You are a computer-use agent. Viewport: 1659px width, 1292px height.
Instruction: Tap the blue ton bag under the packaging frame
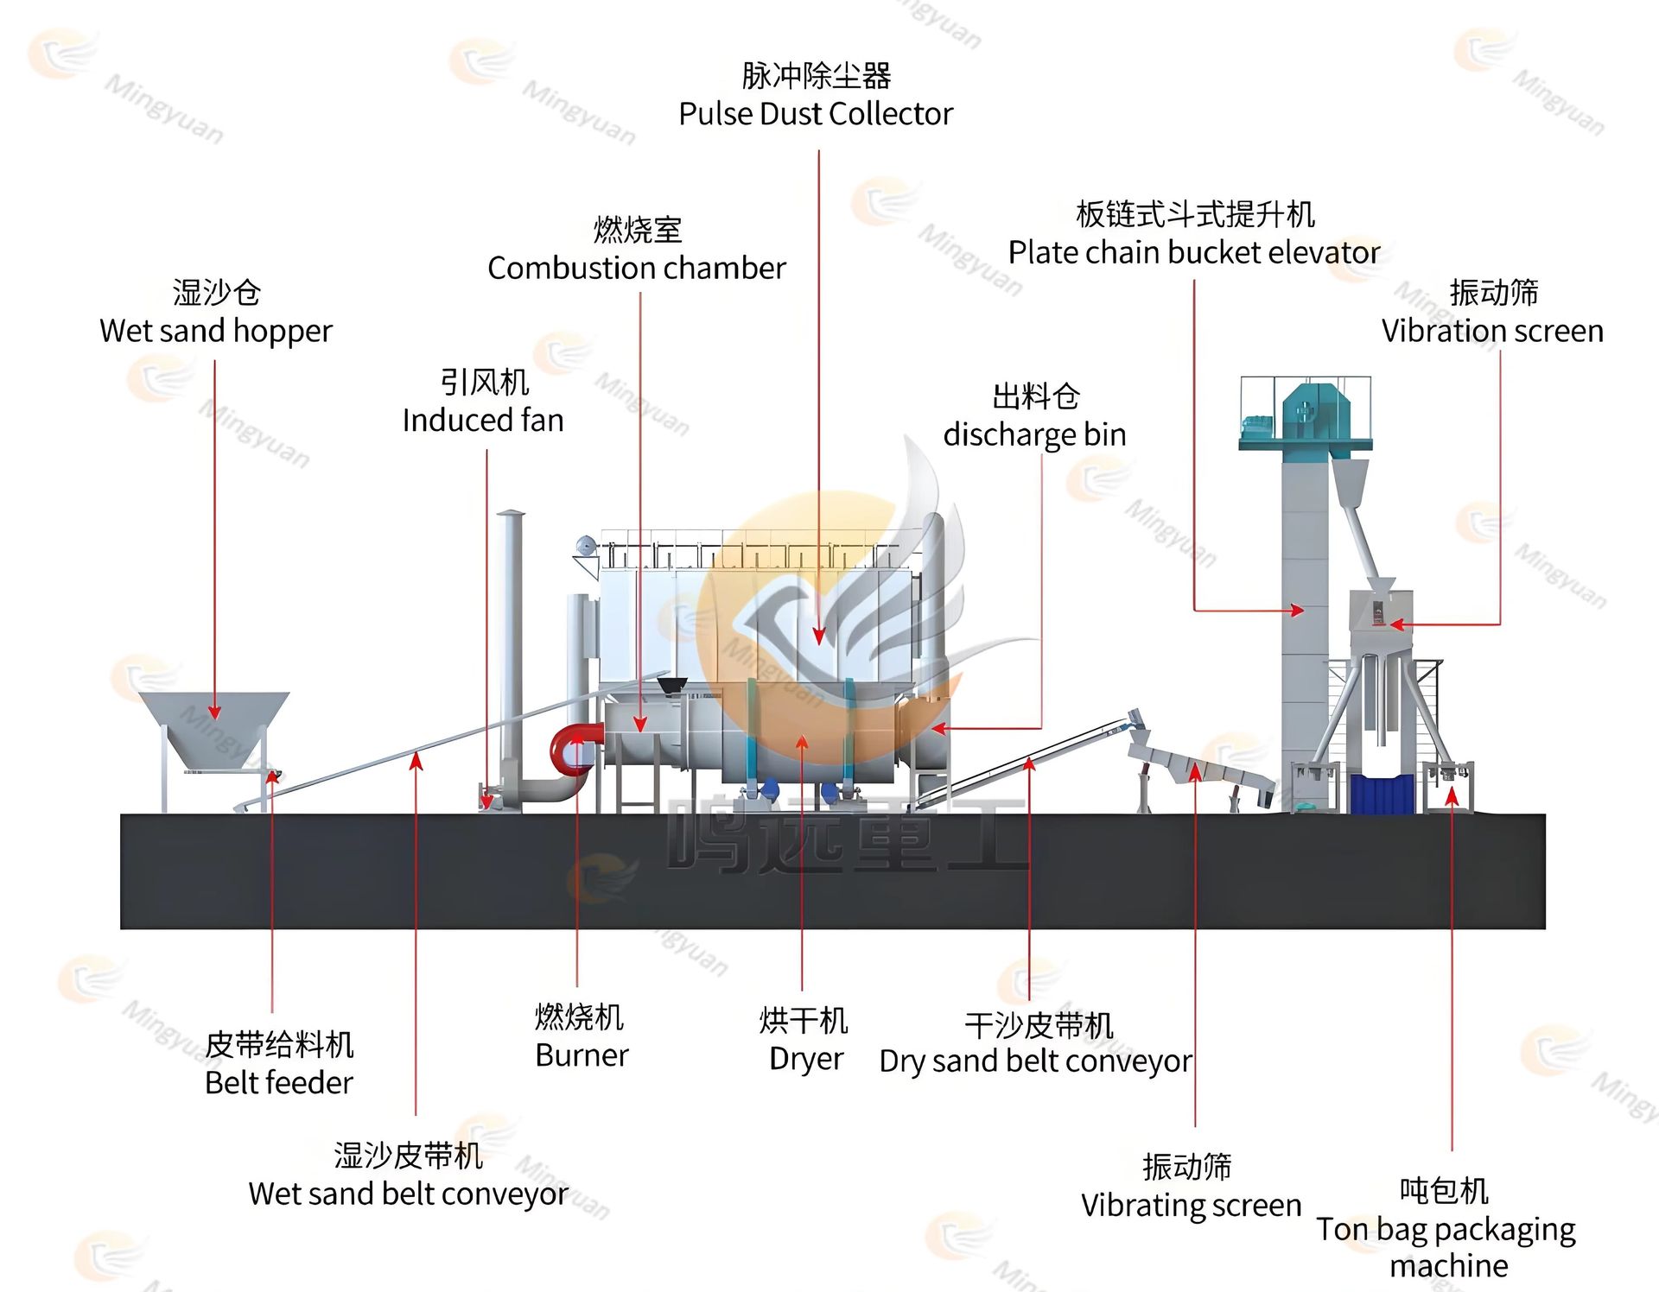pos(1382,794)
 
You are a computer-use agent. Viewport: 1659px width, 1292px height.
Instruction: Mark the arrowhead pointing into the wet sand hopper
pos(214,712)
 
